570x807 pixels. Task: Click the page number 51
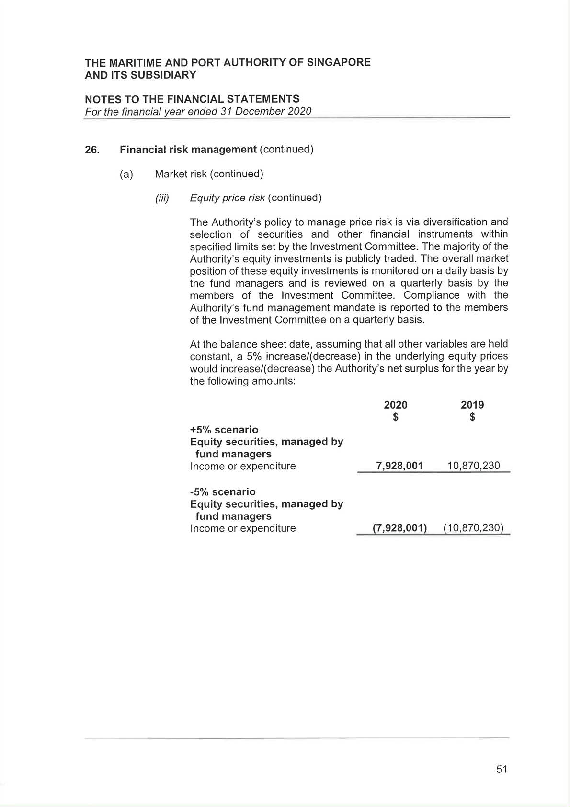tap(502, 769)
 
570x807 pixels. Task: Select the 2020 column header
tap(396, 405)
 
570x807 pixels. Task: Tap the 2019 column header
tap(472, 405)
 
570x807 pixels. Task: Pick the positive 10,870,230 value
tap(473, 466)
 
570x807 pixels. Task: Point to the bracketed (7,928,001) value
tap(399, 528)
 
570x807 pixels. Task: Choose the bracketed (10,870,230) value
tap(473, 528)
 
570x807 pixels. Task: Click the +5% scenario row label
tap(224, 430)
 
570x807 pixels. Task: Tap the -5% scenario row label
tap(223, 492)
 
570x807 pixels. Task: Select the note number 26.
tap(92, 150)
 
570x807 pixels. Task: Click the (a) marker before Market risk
tap(126, 174)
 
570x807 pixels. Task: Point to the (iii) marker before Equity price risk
tap(162, 198)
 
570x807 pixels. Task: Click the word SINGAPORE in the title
tap(338, 62)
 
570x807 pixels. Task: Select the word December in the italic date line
tap(261, 111)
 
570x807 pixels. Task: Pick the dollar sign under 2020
tap(396, 417)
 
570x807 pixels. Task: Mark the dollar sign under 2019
tap(472, 417)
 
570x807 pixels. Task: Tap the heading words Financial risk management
tap(188, 150)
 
